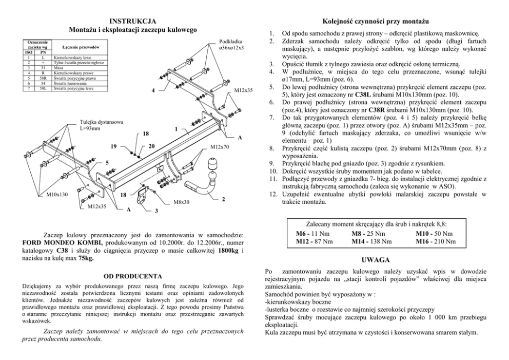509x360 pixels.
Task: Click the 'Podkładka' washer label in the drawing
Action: [x=231, y=41]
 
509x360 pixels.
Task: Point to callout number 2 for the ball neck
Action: [x=223, y=199]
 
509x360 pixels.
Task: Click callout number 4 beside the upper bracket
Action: [x=153, y=91]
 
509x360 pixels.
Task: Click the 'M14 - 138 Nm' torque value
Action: [x=372, y=241]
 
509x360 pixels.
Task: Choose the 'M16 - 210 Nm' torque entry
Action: [x=435, y=241]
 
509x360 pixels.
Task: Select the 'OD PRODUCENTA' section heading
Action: [x=133, y=276]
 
